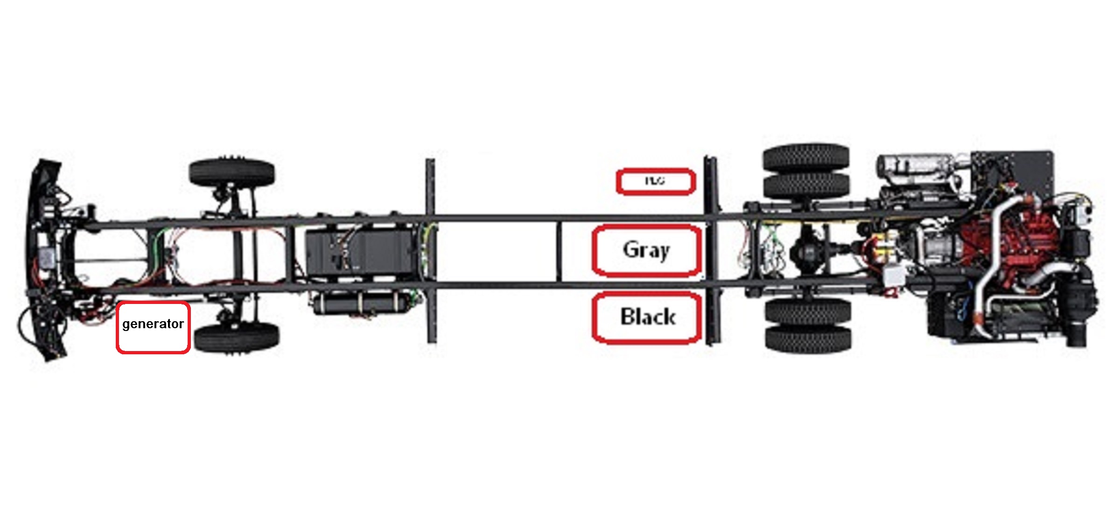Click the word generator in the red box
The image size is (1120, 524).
[x=153, y=324]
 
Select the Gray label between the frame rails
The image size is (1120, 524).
[x=646, y=250]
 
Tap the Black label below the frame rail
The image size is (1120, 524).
[x=647, y=317]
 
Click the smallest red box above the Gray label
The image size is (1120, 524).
[x=656, y=181]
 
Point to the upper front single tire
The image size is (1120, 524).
[x=232, y=172]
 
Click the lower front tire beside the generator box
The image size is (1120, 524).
[x=237, y=338]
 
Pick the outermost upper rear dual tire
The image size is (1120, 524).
[x=806, y=157]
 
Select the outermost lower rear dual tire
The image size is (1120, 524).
[x=808, y=339]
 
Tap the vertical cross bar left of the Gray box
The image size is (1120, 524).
[x=559, y=252]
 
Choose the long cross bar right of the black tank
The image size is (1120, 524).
[x=430, y=252]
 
